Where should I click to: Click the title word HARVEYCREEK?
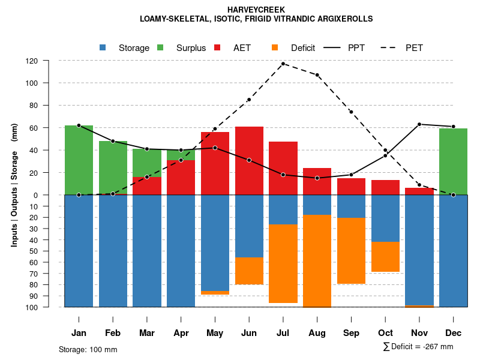pos(256,10)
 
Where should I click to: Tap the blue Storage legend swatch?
pos(103,47)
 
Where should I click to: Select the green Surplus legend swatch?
pos(160,47)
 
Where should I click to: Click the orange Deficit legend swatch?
pos(275,47)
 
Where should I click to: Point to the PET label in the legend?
pos(414,48)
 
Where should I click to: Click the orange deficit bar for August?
pos(317,260)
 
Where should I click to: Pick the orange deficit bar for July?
pos(283,263)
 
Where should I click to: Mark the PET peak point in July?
pos(283,64)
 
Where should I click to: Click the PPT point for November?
pos(419,124)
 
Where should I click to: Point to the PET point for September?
pos(351,112)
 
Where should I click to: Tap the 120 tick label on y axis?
pos(49,61)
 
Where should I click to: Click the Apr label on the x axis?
pos(181,333)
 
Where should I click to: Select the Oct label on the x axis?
pos(385,333)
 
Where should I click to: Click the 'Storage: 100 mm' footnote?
pos(88,349)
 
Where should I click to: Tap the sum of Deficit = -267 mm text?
pos(418,347)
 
